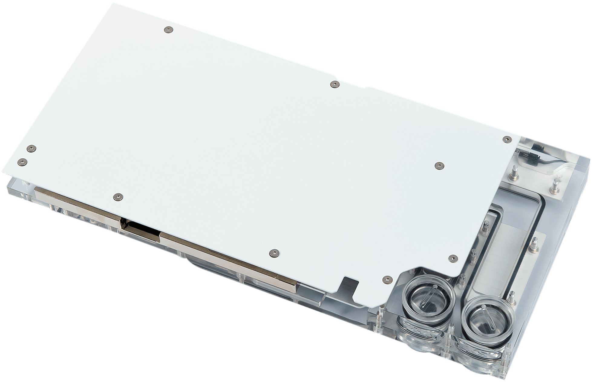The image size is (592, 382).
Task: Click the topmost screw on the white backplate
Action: point(168,29)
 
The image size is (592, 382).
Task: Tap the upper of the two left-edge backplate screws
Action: point(31,148)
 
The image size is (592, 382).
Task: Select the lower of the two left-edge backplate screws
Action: point(22,162)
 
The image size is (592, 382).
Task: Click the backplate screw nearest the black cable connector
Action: point(507,139)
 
